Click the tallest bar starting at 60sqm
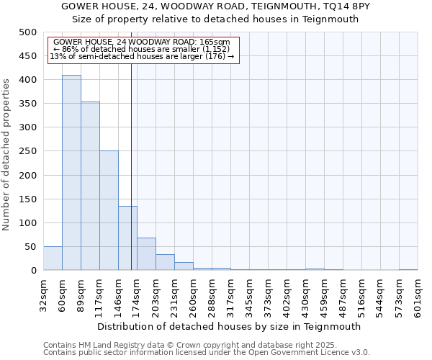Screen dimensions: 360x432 pyautogui.click(x=71, y=173)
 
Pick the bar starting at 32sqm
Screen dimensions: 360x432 pyautogui.click(x=53, y=258)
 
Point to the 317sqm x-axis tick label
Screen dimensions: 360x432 pyautogui.click(x=231, y=295)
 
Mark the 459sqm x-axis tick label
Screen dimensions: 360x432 pyautogui.click(x=325, y=295)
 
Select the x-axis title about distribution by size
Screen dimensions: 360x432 pyautogui.click(x=229, y=326)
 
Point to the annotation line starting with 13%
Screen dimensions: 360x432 pyautogui.click(x=142, y=57)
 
